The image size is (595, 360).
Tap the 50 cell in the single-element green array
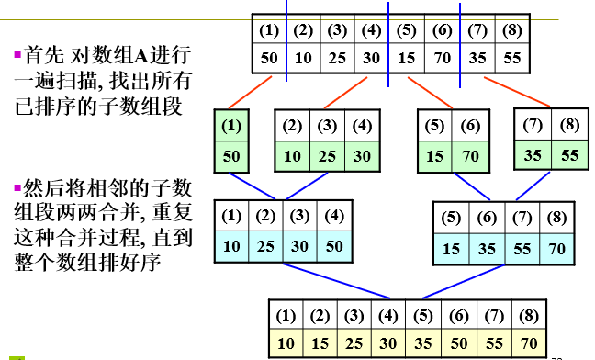point(231,156)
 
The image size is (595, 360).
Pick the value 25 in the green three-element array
point(328,156)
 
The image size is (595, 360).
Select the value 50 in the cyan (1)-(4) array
point(335,246)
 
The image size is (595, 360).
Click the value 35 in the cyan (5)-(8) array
point(486,248)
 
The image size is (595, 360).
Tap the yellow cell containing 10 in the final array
point(286,343)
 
